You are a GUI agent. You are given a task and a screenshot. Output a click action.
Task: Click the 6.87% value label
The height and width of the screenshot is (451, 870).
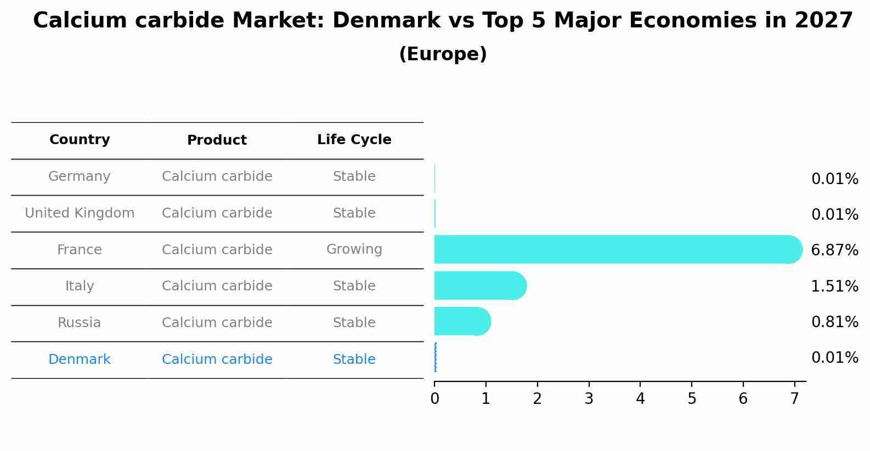(x=834, y=250)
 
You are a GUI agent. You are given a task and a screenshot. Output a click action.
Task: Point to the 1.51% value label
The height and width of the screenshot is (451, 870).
(x=834, y=286)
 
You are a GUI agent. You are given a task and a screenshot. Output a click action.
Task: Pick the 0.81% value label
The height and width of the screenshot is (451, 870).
(x=834, y=322)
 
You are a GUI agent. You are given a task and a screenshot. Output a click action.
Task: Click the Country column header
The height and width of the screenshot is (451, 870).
(x=80, y=140)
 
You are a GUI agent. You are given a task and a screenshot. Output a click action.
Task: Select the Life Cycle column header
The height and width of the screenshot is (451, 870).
(x=354, y=140)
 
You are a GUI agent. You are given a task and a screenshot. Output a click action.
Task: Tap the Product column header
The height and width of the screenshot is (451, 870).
(x=217, y=140)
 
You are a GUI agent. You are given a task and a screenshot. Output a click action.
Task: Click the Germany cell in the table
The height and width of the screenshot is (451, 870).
(x=80, y=176)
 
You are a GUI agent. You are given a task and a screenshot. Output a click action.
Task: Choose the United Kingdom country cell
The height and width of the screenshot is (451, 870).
(x=80, y=213)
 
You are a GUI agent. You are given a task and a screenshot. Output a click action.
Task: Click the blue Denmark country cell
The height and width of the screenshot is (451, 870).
(x=80, y=359)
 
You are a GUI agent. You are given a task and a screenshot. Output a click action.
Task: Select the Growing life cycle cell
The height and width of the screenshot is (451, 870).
(x=354, y=249)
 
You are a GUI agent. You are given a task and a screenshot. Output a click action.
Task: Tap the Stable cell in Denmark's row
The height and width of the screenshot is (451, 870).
(x=354, y=359)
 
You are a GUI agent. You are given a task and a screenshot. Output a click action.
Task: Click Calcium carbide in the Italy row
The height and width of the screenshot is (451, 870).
(x=217, y=286)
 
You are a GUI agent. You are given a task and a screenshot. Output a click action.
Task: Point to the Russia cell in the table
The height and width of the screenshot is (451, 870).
(x=80, y=323)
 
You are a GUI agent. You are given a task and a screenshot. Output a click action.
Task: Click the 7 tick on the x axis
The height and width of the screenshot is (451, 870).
(x=794, y=398)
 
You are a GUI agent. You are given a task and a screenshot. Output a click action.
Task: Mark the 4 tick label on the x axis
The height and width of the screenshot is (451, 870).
(x=640, y=398)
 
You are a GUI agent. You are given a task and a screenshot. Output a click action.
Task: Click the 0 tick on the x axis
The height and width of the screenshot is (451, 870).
(x=434, y=398)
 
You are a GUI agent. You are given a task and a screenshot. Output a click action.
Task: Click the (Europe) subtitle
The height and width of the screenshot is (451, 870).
(x=443, y=54)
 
